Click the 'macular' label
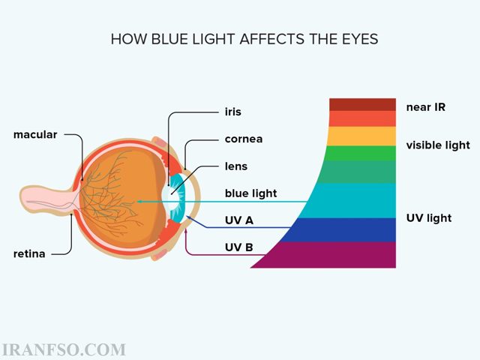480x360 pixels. (35, 135)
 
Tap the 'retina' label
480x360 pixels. (29, 253)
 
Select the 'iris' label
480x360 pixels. (233, 112)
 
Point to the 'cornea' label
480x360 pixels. (244, 139)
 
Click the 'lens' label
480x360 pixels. (236, 166)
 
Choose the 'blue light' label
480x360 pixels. (250, 193)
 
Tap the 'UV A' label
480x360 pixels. (239, 220)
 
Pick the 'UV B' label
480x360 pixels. (238, 247)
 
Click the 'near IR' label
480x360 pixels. (426, 107)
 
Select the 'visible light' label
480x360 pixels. (438, 145)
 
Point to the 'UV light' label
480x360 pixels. (429, 218)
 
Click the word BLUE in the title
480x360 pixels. (170, 39)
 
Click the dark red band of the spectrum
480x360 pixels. (362, 105)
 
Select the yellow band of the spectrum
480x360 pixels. (361, 136)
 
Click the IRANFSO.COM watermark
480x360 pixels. (64, 350)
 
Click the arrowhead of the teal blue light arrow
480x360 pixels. (139, 202)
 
